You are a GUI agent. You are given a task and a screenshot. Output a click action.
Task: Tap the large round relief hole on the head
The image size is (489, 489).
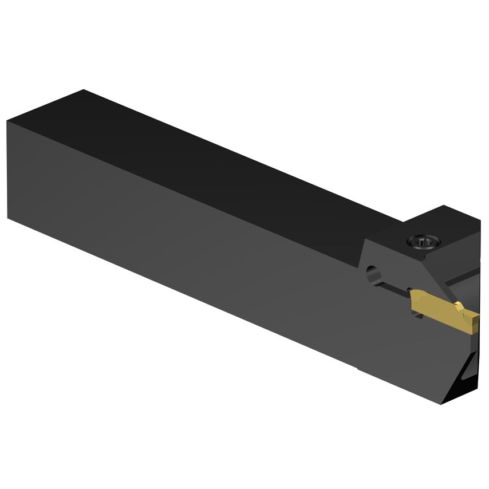click(x=373, y=273)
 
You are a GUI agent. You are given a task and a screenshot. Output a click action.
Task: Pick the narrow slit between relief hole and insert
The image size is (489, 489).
click(x=395, y=285)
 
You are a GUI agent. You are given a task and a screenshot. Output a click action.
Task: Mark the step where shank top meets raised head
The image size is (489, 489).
click(x=401, y=220)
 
